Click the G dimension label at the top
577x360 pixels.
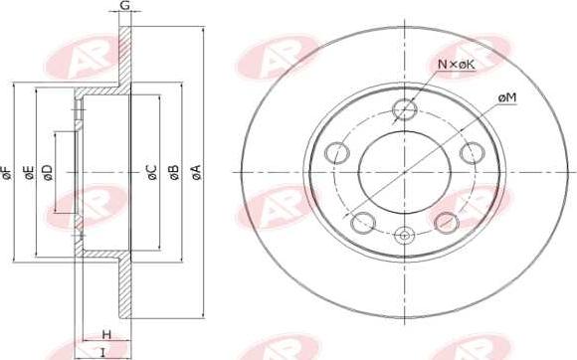point(125,5)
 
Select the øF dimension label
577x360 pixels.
point(6,173)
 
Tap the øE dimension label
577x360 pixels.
point(30,173)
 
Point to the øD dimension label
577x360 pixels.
point(48,173)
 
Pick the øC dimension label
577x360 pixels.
point(152,173)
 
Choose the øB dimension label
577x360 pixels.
point(174,173)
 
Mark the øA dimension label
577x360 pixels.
point(197,173)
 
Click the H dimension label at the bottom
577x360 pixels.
point(106,334)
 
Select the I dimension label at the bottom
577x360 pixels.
point(103,353)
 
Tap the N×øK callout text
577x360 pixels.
point(457,65)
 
